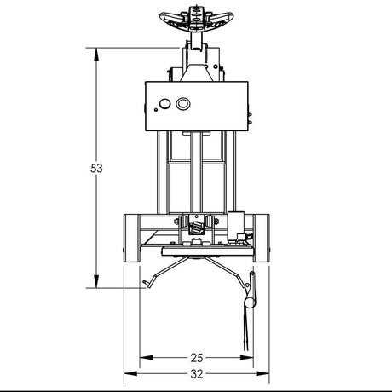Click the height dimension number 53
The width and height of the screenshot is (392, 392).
(x=96, y=169)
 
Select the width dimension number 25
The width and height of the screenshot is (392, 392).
(x=196, y=357)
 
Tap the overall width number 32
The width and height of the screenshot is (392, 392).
(x=196, y=373)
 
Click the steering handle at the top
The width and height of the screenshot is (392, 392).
(x=197, y=18)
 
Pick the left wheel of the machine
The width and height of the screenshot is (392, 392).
(x=132, y=239)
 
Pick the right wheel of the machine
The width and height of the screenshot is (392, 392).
(x=262, y=239)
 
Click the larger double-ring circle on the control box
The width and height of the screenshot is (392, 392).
(x=182, y=104)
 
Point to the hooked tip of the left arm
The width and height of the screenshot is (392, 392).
(x=147, y=285)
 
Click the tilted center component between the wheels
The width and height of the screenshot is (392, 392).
(x=198, y=226)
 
